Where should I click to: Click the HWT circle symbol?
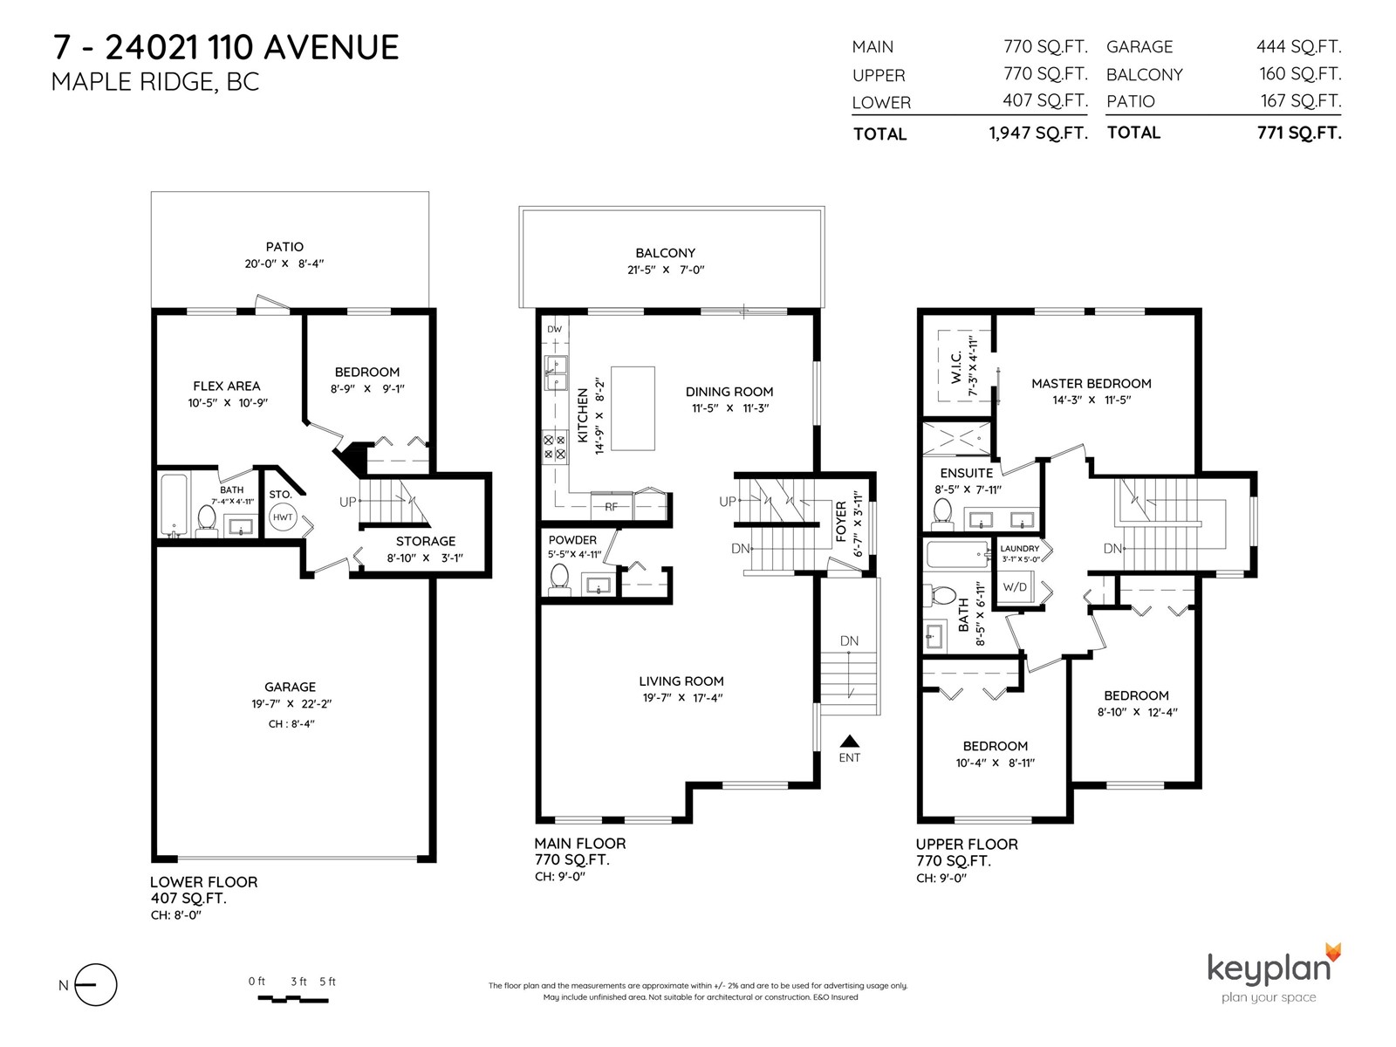283,517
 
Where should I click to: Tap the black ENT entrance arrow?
850,742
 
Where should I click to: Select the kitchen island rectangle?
633,408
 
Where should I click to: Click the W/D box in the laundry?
1015,586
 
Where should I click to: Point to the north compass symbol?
95,985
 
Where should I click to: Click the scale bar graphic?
292,999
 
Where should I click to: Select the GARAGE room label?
290,687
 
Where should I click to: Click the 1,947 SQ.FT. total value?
1038,133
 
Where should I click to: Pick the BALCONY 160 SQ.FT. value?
1300,74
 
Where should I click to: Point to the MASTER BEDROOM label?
1091,383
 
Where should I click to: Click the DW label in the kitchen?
555,329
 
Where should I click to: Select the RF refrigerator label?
612,507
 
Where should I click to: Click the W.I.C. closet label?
956,369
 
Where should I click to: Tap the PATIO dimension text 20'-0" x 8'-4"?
284,263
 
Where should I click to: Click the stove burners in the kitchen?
555,446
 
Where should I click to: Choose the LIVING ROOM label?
681,681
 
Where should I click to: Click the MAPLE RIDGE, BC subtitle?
155,82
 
